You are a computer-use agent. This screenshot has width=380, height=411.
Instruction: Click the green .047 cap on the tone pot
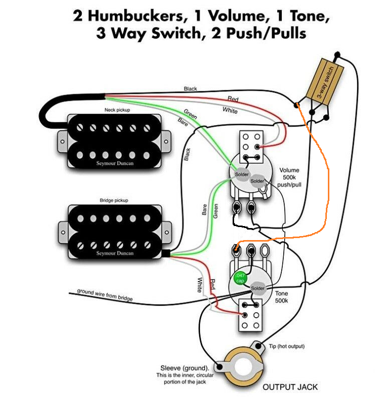tap(240, 278)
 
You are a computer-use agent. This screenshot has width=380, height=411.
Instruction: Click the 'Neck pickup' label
tap(117, 110)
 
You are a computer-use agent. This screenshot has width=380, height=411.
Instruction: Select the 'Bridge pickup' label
tap(114, 200)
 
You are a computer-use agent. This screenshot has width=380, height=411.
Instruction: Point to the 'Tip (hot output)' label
tap(287, 346)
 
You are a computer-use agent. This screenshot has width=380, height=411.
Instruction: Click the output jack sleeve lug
tap(220, 367)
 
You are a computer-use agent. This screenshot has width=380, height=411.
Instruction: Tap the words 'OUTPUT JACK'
tap(290, 387)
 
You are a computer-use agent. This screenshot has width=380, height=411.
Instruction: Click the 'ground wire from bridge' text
tap(105, 295)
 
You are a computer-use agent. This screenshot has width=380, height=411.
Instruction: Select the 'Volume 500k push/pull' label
tap(289, 177)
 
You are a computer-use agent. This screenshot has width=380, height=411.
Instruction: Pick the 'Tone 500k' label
tap(281, 297)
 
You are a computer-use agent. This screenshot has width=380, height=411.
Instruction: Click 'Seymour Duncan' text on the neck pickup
tap(115, 163)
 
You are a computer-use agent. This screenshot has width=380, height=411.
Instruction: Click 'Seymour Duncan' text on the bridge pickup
tap(115, 253)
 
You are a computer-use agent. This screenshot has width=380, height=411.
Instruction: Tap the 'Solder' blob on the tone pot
tap(258, 288)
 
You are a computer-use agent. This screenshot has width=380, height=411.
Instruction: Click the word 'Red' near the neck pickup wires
tap(233, 99)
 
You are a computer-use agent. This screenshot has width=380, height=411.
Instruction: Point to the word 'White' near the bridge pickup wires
tap(200, 285)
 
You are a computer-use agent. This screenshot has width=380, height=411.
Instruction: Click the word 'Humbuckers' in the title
tap(136, 16)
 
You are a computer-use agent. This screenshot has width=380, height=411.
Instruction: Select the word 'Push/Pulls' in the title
tap(266, 33)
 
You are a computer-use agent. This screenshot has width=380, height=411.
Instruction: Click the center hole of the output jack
tap(244, 367)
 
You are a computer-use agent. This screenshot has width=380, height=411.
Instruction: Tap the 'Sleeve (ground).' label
tap(184, 368)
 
